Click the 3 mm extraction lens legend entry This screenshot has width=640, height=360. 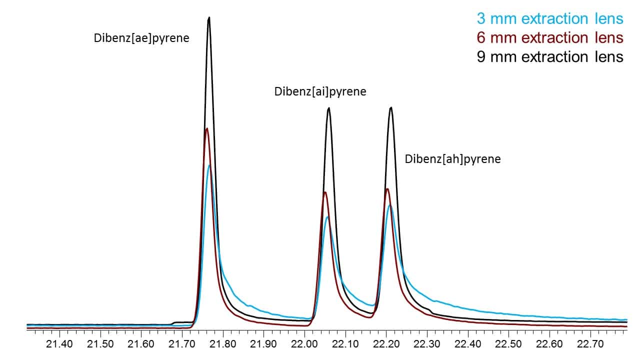click(x=550, y=19)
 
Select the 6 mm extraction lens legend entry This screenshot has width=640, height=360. click(x=550, y=37)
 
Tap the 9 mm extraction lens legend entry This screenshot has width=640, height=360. click(x=550, y=56)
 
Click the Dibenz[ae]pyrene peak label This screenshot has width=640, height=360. click(x=141, y=38)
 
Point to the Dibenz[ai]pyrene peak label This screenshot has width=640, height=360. click(x=320, y=92)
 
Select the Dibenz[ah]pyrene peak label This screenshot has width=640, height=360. click(x=452, y=159)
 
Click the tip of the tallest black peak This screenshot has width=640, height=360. click(x=209, y=18)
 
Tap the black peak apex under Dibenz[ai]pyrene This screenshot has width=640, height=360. click(x=328, y=108)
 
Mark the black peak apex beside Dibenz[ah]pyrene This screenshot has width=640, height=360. click(x=391, y=107)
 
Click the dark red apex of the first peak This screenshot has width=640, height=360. click(x=206, y=129)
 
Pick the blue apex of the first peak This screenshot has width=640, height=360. click(x=209, y=165)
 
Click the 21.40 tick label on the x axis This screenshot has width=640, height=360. click(x=59, y=344)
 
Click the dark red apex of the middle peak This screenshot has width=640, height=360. click(x=325, y=192)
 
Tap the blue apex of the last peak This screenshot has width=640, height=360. click(x=389, y=205)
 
